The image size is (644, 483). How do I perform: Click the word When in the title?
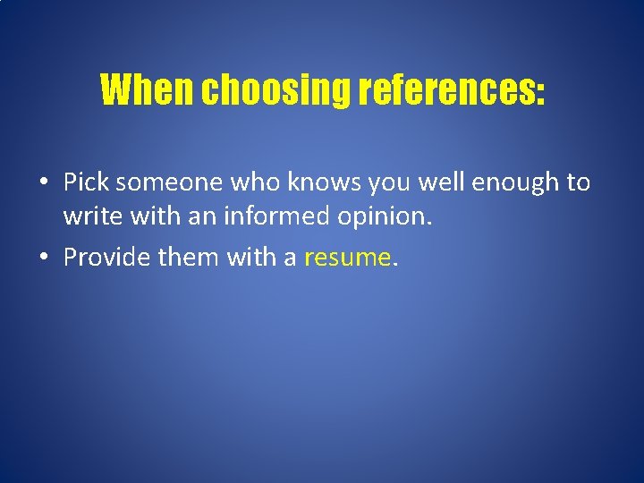tap(147, 89)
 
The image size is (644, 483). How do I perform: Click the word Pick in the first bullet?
tap(86, 182)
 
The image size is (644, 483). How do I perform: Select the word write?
tap(89, 216)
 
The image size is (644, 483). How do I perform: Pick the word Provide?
tap(107, 258)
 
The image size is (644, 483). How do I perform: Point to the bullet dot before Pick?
tap(43, 183)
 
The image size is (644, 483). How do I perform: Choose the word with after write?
tap(146, 216)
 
